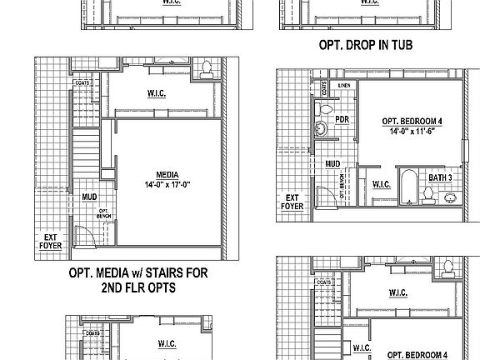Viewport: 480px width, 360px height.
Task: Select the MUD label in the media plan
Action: click(x=89, y=197)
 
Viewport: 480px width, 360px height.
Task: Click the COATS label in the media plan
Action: click(x=82, y=83)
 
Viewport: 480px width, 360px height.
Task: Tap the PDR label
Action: click(x=341, y=119)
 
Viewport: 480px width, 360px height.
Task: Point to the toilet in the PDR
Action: click(x=327, y=109)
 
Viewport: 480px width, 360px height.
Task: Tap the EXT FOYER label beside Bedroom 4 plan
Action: click(x=292, y=201)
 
